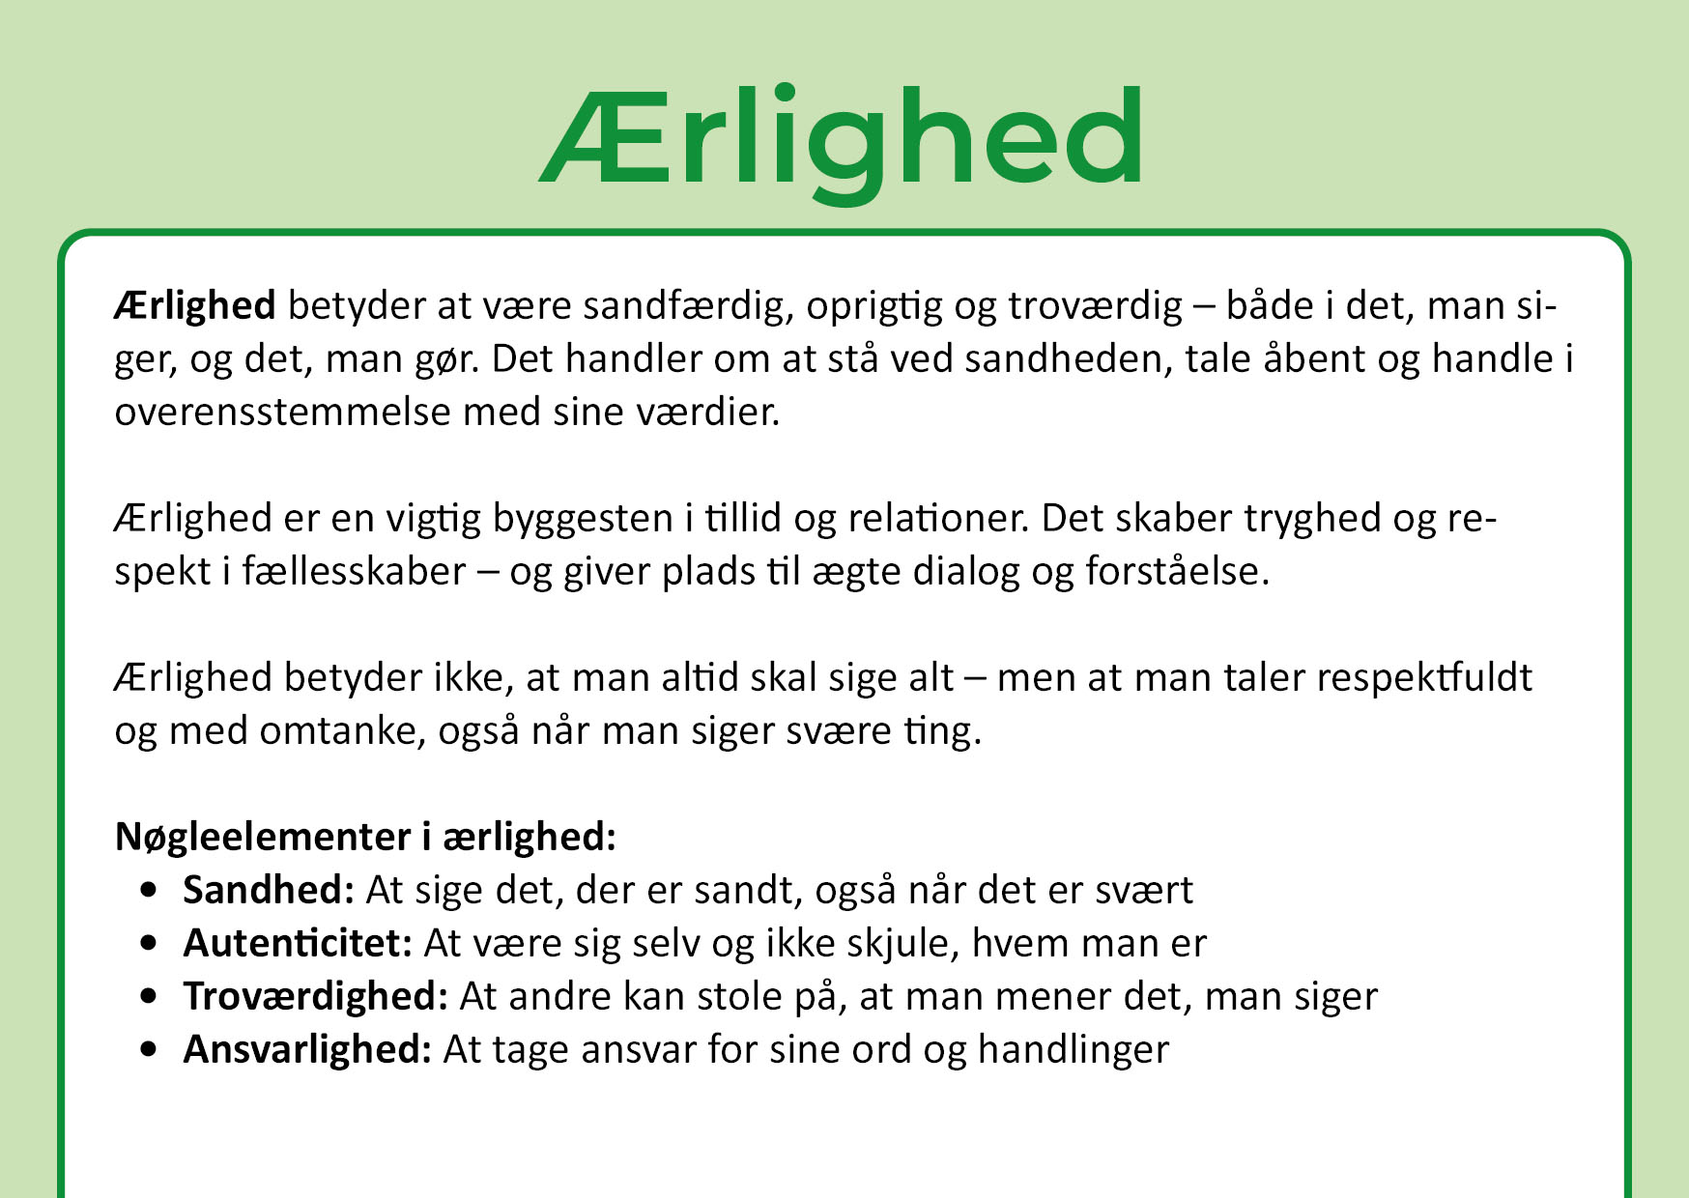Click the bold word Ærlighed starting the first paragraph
195,305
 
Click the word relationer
937,518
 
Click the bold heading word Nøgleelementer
263,838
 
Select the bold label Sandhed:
270,890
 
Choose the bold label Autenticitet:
299,943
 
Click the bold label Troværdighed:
316,997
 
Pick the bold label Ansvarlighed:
308,1050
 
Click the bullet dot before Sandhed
148,890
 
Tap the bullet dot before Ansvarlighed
148,1049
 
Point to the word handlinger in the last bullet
1074,1050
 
